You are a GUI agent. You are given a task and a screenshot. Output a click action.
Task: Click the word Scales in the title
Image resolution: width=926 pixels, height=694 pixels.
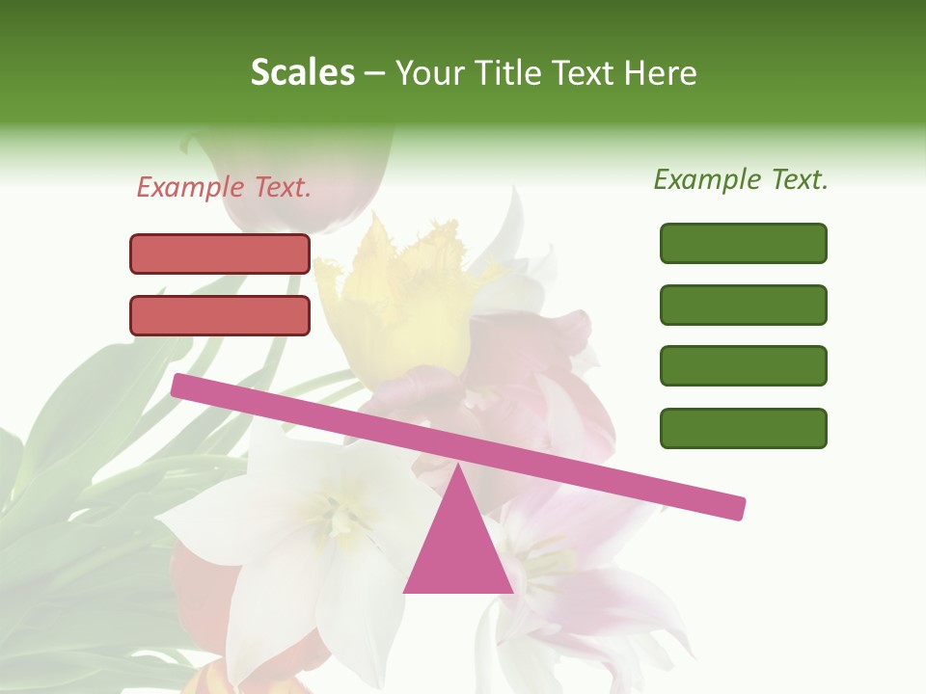pyautogui.click(x=302, y=73)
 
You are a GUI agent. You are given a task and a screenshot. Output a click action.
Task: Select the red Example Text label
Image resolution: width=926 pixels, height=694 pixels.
pyautogui.click(x=224, y=187)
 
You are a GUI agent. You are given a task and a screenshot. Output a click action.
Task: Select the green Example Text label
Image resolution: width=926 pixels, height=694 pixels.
pyautogui.click(x=741, y=179)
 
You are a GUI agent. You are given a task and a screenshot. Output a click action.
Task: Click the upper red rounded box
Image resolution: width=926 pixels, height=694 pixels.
pyautogui.click(x=220, y=254)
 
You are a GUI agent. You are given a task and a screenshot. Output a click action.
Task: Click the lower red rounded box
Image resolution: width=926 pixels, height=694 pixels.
pyautogui.click(x=220, y=315)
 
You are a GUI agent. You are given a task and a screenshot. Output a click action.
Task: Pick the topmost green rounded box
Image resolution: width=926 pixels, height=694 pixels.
pyautogui.click(x=743, y=243)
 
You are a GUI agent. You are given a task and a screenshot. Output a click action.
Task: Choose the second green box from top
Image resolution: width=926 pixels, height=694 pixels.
pyautogui.click(x=743, y=305)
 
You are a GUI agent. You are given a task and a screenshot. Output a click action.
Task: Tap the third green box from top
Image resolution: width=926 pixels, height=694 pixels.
pyautogui.click(x=743, y=366)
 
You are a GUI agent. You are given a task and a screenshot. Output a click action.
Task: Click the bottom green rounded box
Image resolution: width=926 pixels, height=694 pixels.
pyautogui.click(x=743, y=428)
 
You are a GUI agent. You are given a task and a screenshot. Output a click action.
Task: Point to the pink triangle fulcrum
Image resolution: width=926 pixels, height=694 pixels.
pyautogui.click(x=457, y=549)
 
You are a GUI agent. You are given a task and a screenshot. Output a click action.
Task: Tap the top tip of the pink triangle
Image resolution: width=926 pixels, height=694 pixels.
pyautogui.click(x=457, y=467)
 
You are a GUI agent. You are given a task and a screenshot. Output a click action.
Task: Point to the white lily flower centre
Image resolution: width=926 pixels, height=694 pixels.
pyautogui.click(x=333, y=511)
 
